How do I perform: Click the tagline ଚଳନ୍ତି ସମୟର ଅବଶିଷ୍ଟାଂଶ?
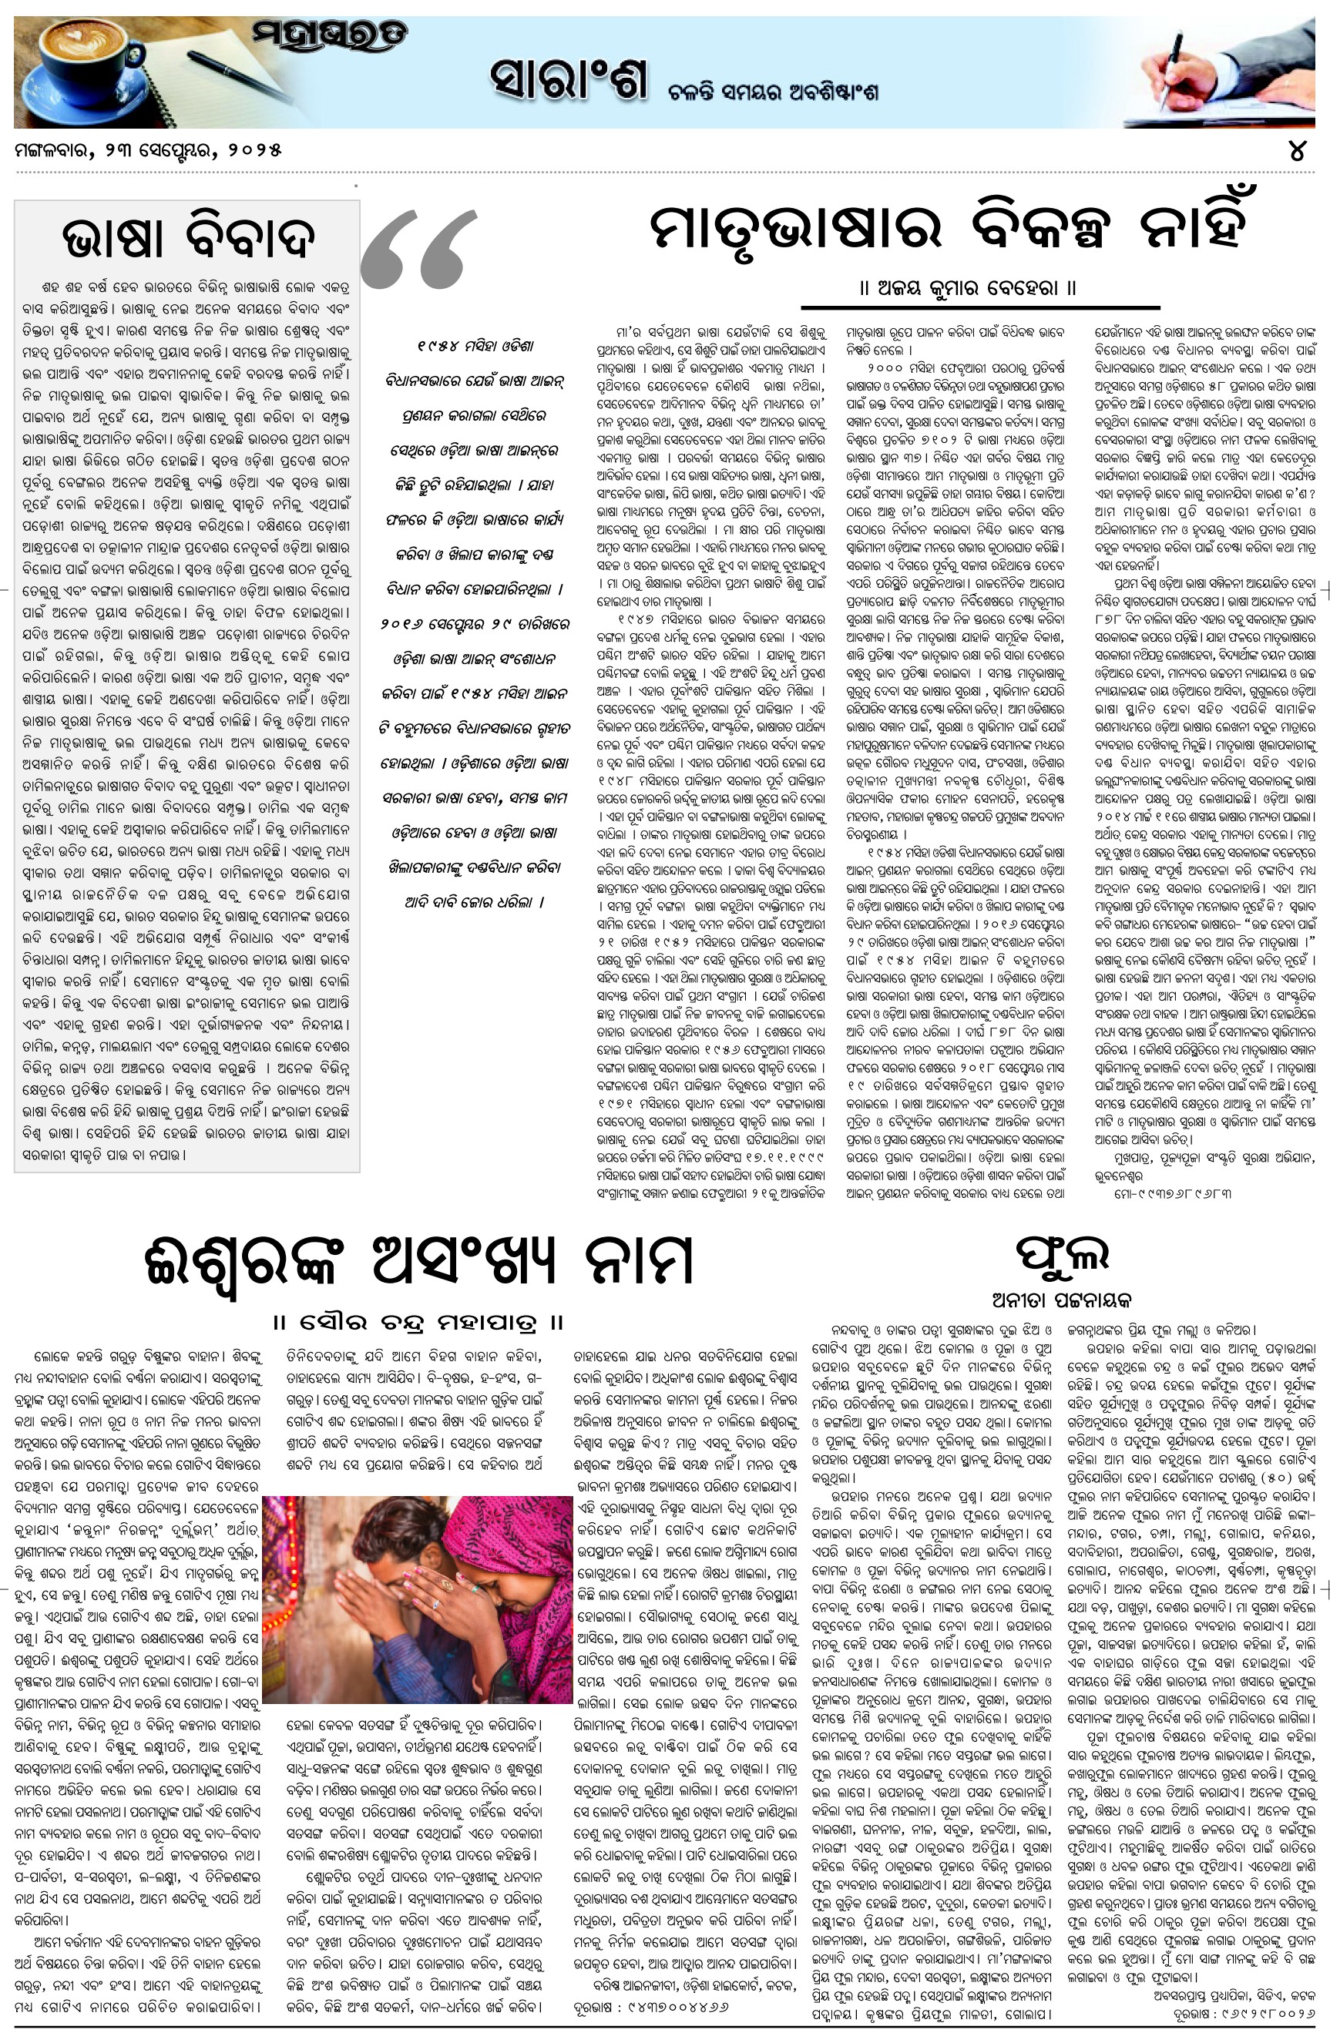[773, 92]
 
